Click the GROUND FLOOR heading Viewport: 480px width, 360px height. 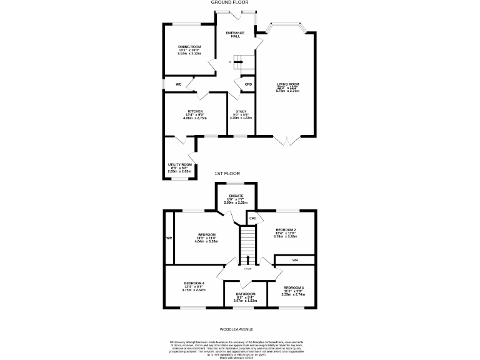click(x=240, y=3)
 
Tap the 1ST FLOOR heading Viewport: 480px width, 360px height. click(x=227, y=173)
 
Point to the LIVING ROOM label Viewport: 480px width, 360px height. click(x=288, y=84)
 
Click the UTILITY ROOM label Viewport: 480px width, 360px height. click(x=180, y=164)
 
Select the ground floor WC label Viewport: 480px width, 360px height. click(x=178, y=84)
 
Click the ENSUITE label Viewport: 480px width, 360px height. click(x=236, y=196)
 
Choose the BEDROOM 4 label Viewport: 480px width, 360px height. click(x=194, y=283)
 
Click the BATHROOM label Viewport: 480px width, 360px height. click(x=246, y=294)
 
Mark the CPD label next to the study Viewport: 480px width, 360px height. click(x=247, y=84)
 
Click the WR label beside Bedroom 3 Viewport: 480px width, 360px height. click(x=295, y=259)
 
